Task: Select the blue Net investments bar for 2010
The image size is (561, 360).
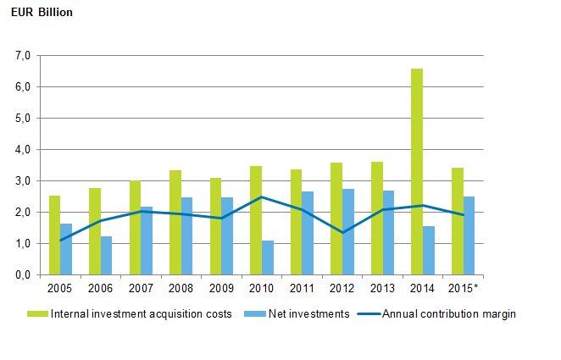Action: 268,258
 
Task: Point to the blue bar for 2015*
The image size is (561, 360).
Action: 469,235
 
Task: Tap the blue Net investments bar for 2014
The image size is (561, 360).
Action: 429,251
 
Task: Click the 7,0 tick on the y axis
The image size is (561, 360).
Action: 22,56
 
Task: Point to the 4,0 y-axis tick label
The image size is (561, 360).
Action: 22,150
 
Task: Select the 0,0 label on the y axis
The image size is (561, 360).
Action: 22,275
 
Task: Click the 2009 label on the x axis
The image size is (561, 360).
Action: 221,289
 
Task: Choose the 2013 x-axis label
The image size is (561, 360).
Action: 382,289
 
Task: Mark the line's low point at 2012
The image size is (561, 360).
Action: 342,232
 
